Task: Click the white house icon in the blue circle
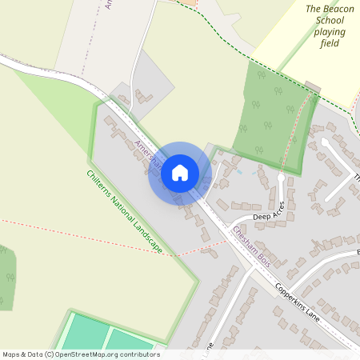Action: pyautogui.click(x=180, y=173)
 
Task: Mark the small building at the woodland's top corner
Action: pyautogui.click(x=312, y=86)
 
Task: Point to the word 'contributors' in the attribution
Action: pyautogui.click(x=134, y=354)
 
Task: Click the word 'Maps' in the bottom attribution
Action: pyautogui.click(x=12, y=354)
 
